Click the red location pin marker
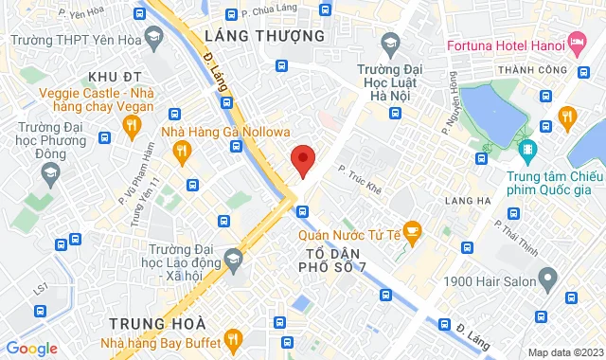tap(302, 160)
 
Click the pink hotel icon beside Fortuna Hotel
tap(576, 44)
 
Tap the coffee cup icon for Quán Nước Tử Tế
tap(411, 228)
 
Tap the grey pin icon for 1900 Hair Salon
tap(547, 279)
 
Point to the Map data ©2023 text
tap(565, 352)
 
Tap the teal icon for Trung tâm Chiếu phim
tap(526, 149)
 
